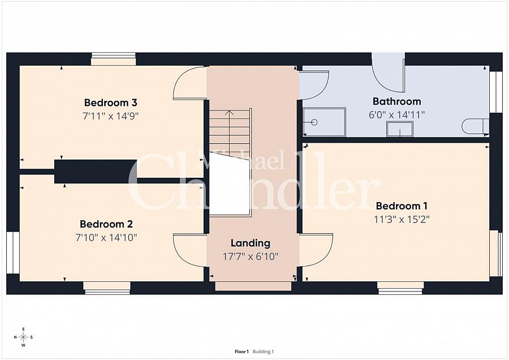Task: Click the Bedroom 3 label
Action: coord(111,102)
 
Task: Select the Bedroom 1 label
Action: coord(402,206)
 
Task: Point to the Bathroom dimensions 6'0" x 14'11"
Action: coord(396,114)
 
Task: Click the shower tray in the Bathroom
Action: coord(324,122)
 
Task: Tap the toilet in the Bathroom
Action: coord(475,126)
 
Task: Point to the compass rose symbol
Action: coord(23,337)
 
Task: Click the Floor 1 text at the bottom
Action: coord(241,352)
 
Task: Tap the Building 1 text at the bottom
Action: coord(264,352)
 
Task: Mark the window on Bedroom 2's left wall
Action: coord(12,252)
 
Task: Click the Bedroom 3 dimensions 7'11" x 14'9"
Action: coord(111,116)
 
